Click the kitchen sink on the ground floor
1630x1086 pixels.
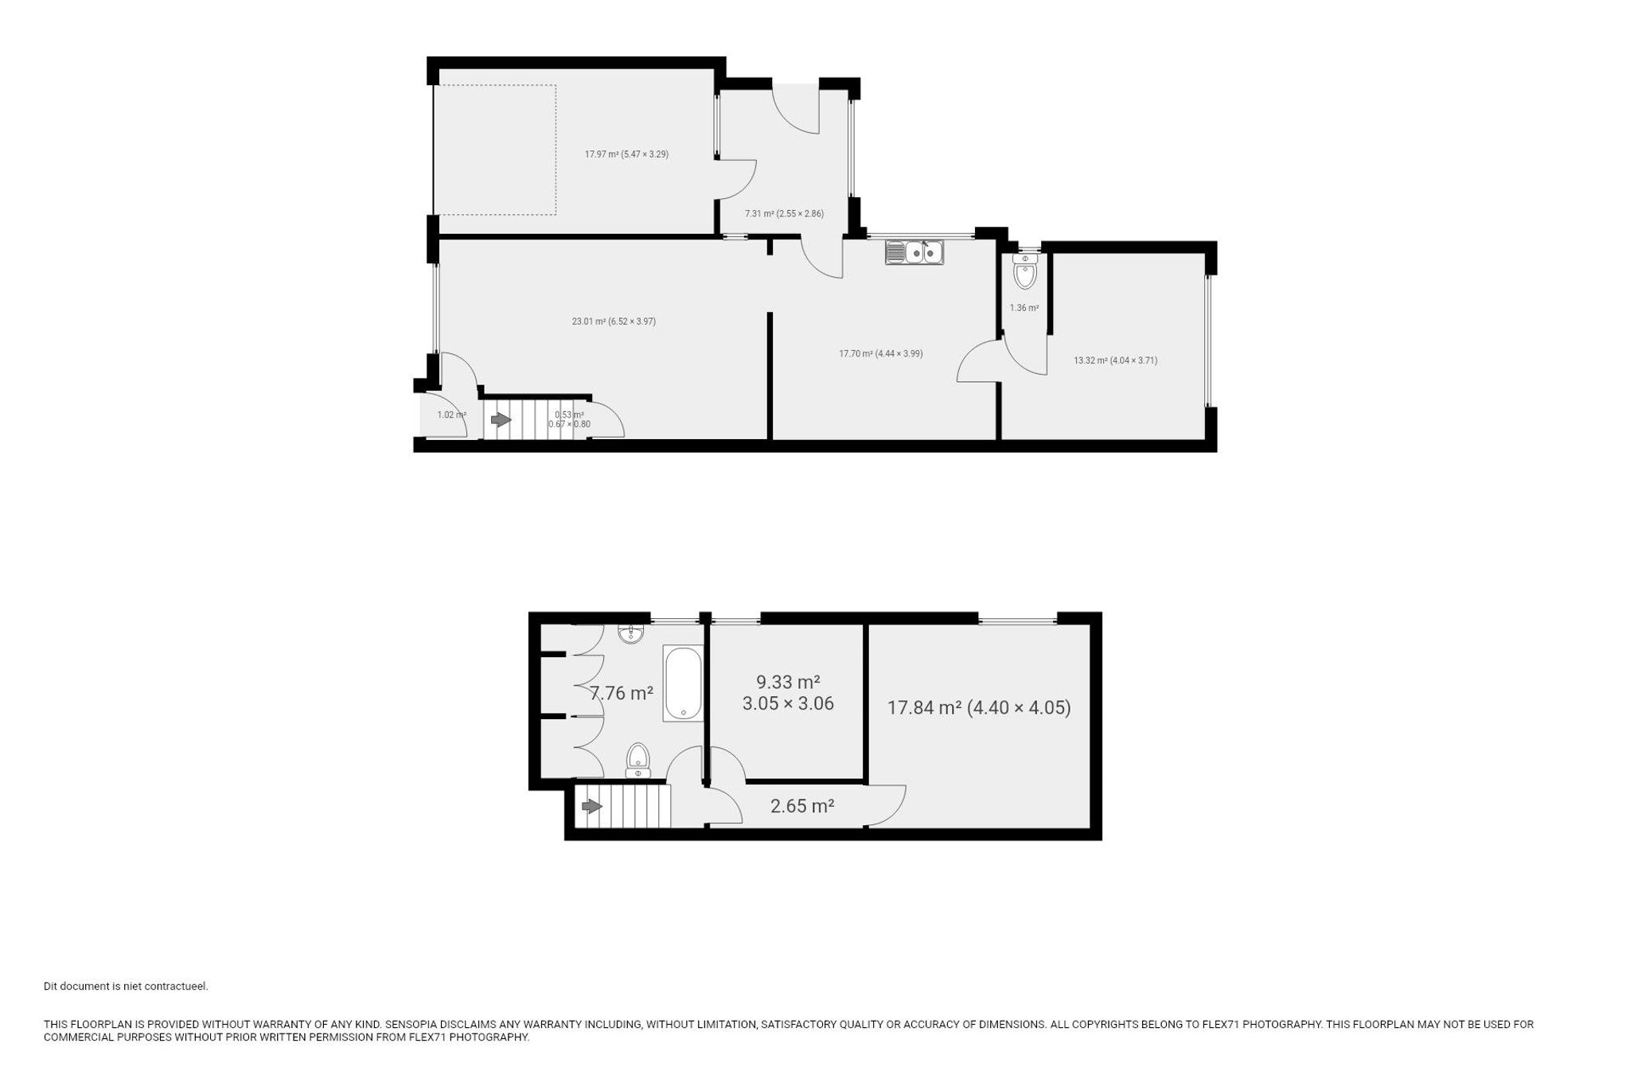(914, 251)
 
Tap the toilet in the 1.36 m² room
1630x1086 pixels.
(1025, 271)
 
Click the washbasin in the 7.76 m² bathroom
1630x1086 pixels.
(631, 633)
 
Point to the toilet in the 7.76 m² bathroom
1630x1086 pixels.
(638, 760)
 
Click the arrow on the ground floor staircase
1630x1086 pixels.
(501, 419)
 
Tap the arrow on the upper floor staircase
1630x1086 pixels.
(592, 807)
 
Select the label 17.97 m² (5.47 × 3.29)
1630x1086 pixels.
(626, 154)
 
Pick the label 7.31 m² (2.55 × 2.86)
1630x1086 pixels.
(784, 213)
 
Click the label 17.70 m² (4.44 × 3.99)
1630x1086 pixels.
(880, 353)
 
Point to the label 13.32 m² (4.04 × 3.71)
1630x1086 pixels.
(1115, 360)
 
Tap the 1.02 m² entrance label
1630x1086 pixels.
(451, 415)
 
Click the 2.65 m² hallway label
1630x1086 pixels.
(802, 806)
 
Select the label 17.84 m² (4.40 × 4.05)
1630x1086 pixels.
(979, 707)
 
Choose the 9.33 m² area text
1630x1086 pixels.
(788, 682)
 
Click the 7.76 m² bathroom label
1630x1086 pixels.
(621, 693)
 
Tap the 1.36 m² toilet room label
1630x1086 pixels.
(1024, 308)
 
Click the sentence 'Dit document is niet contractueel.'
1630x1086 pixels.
(126, 987)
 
